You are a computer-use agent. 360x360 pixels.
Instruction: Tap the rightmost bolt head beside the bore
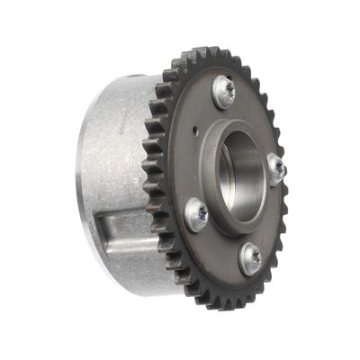tap(276, 168)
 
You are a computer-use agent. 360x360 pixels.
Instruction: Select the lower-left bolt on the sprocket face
tap(197, 213)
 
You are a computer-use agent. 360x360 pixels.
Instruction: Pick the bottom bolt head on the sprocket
tap(251, 259)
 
